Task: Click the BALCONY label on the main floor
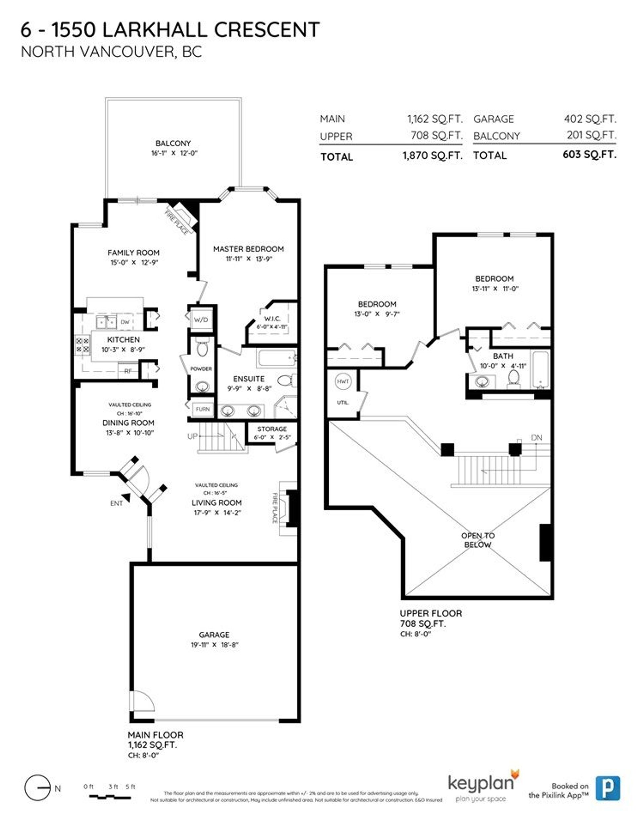tap(173, 143)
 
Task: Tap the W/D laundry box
tap(201, 320)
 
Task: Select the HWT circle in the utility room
tap(343, 381)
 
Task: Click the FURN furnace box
tap(203, 409)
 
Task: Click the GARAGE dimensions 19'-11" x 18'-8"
tap(214, 645)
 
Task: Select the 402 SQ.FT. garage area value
tap(590, 119)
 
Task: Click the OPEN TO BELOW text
tap(478, 540)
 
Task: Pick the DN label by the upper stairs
tap(536, 438)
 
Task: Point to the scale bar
tap(110, 797)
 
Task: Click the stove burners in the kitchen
tap(82, 345)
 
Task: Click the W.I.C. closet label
tap(272, 319)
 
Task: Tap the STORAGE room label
tap(272, 429)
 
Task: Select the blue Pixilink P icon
tap(608, 788)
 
